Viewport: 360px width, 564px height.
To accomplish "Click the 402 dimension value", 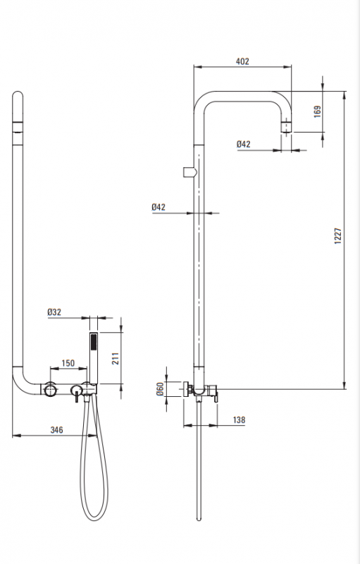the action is coord(242,61).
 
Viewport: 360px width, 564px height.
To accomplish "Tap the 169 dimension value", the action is coord(318,111).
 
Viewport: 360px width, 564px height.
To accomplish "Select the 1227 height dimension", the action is coord(337,236).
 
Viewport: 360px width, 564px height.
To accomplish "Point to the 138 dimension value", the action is coord(239,419).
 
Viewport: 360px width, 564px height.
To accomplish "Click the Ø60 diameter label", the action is coord(160,388).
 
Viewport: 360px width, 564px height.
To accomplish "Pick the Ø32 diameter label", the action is coord(54,312).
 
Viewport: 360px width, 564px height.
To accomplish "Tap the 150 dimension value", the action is coord(68,363).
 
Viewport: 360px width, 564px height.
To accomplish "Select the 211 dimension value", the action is coord(116,358).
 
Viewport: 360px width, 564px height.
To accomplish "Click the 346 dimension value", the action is coord(56,430).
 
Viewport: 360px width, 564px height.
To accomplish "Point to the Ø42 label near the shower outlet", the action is coord(243,145).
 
